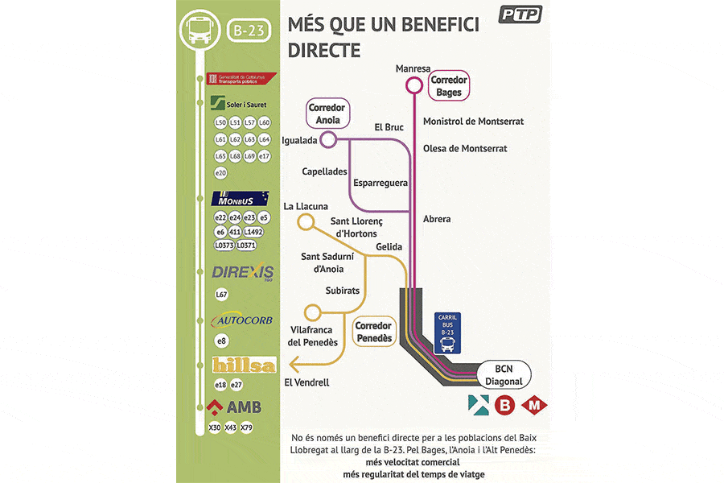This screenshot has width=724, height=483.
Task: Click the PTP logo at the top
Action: [x=520, y=14]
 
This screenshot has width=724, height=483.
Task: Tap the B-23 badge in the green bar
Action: [x=250, y=31]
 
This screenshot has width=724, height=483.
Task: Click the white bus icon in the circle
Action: [x=198, y=31]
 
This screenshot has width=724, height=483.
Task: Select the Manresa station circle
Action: [x=413, y=85]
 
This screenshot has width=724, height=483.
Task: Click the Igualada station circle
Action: [x=328, y=141]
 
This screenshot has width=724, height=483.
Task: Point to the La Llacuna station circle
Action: [x=306, y=222]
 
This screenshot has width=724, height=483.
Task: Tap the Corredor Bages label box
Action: [x=449, y=87]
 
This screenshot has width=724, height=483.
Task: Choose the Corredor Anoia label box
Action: [x=327, y=114]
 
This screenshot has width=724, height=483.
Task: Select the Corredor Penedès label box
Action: [x=374, y=332]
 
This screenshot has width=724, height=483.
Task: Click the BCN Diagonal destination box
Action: [x=504, y=375]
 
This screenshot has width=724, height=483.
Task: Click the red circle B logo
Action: [x=504, y=405]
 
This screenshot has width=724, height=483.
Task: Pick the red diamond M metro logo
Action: [x=533, y=405]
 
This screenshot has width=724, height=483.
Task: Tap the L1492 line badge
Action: [x=253, y=231]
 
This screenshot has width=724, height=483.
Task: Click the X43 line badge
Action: [x=231, y=427]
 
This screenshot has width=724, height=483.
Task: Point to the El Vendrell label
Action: [x=306, y=382]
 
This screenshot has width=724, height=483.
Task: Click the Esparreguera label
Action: [x=381, y=183]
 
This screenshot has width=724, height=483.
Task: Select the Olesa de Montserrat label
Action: [x=465, y=149]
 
